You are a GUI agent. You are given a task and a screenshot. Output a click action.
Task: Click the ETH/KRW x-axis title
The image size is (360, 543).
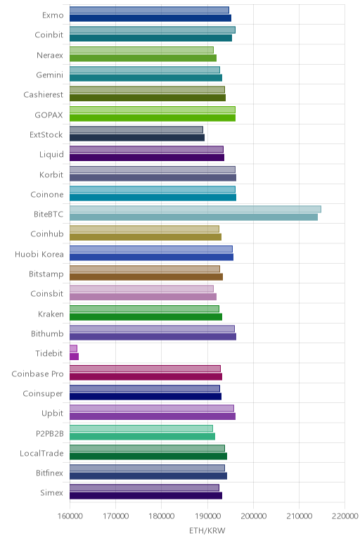207,530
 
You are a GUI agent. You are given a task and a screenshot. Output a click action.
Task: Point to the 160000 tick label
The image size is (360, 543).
70,516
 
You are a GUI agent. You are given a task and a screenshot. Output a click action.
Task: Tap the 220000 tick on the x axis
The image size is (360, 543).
345,516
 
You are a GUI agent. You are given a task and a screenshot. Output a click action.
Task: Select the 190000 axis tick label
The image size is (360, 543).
207,516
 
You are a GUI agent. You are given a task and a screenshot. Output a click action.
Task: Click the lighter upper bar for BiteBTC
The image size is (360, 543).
195,209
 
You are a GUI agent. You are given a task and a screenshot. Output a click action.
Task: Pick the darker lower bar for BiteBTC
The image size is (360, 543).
193,217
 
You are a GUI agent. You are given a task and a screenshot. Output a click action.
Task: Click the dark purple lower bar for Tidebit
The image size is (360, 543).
74,357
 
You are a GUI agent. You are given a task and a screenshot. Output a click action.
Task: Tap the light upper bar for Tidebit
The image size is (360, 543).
73,348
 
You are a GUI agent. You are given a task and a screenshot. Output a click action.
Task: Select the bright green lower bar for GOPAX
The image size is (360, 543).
153,117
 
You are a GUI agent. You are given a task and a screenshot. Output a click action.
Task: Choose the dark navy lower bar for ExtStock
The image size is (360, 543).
137,137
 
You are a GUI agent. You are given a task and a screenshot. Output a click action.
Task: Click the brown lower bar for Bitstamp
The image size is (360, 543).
146,276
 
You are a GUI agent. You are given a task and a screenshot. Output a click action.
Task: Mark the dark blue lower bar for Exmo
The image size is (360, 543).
150,18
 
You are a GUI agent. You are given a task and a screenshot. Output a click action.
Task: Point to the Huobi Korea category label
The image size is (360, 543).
39,254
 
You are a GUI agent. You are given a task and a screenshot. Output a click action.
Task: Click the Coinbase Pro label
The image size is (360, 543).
37,373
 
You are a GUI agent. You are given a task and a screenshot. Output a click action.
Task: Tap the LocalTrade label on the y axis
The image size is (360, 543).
41,453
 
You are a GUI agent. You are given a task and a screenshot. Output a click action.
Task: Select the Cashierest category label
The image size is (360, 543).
44,94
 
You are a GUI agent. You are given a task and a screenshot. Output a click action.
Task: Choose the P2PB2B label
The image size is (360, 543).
50,433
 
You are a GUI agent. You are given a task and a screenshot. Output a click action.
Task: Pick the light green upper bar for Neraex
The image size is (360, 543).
141,50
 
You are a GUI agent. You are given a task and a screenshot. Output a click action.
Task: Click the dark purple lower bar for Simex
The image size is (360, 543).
146,496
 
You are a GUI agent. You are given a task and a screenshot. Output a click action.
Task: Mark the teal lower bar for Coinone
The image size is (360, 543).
153,198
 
